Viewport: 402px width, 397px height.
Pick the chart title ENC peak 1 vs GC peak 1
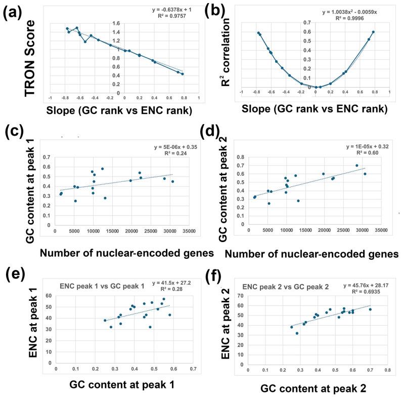pyautogui.click(x=102, y=286)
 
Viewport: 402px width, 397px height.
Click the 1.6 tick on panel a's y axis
pyautogui.click(x=130, y=23)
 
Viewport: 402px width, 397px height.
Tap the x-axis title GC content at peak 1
pyautogui.click(x=110, y=385)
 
